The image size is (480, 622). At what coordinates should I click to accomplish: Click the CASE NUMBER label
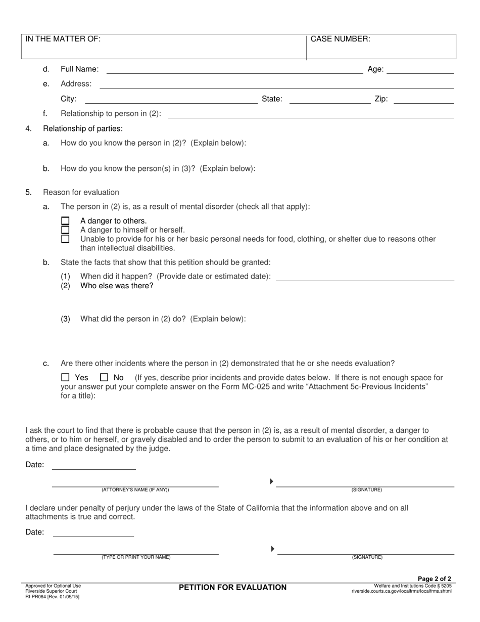[x=340, y=39]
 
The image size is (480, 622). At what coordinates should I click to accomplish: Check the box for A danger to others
[x=65, y=221]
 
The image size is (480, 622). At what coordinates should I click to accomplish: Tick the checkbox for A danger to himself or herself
[x=65, y=230]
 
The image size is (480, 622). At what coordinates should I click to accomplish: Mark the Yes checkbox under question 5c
[x=65, y=377]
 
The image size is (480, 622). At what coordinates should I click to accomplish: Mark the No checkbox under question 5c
[x=104, y=377]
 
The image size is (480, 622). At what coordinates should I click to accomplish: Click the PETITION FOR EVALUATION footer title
[x=232, y=587]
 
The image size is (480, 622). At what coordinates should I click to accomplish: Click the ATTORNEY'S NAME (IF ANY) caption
[x=135, y=490]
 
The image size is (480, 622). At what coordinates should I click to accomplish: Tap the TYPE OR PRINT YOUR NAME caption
[x=136, y=557]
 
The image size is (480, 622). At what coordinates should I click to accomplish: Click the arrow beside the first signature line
[x=271, y=481]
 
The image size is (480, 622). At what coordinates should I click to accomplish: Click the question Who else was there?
[x=117, y=286]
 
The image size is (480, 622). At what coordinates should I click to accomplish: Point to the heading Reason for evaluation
[x=81, y=192]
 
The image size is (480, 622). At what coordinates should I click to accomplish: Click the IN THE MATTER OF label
[x=63, y=39]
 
